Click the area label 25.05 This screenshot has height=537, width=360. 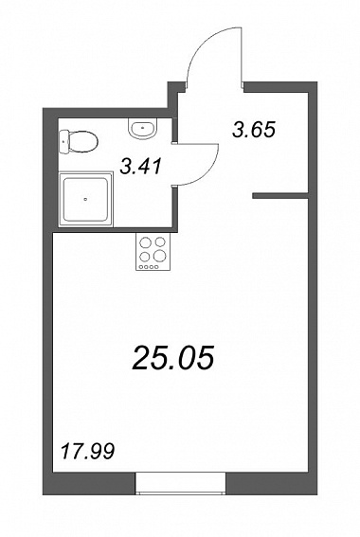pos(173,357)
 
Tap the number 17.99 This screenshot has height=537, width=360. pos(87,452)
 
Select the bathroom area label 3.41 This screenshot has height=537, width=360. pos(141,167)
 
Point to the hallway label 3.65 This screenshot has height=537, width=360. pos(254,130)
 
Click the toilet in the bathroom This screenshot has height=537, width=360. pos(79,141)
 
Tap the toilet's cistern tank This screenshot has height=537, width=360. pos(63,142)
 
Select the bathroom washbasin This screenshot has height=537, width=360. pos(143,129)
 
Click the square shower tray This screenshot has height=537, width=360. pos(85,199)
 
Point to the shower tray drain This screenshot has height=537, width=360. pos(85,198)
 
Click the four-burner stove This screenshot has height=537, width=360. pos(153,251)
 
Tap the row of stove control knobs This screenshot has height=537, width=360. pos(149,267)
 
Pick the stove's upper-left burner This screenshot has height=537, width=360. pos(146,242)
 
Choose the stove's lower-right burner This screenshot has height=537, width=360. pos(160,255)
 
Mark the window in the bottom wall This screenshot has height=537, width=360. pos(181,483)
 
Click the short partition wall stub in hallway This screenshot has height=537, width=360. pos(280,196)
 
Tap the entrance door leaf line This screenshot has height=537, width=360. pos(242,56)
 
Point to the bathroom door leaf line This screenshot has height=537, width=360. pos(197,144)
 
